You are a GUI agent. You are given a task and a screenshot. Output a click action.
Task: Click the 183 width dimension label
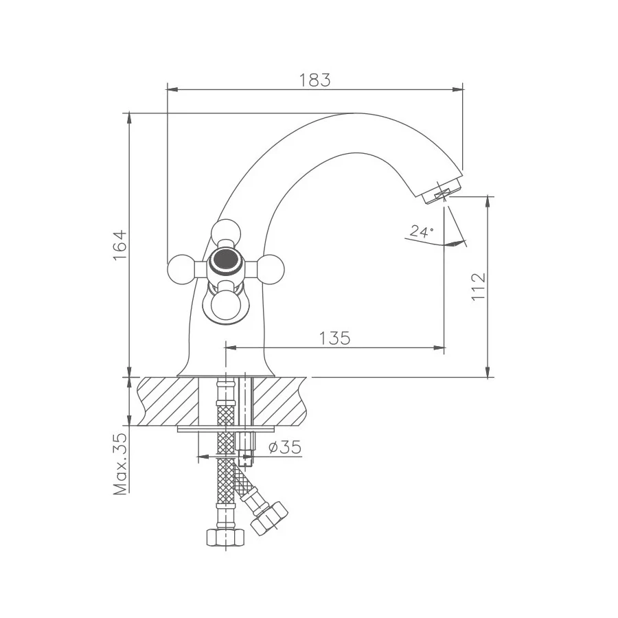click(x=315, y=79)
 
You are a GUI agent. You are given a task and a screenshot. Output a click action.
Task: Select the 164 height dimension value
click(x=119, y=244)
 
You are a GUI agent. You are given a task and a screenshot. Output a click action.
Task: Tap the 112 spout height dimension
click(x=479, y=286)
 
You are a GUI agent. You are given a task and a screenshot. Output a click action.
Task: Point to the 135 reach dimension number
click(x=334, y=338)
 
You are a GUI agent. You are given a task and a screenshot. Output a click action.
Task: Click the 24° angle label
click(x=421, y=231)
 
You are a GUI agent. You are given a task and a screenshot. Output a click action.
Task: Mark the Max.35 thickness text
click(x=121, y=464)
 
